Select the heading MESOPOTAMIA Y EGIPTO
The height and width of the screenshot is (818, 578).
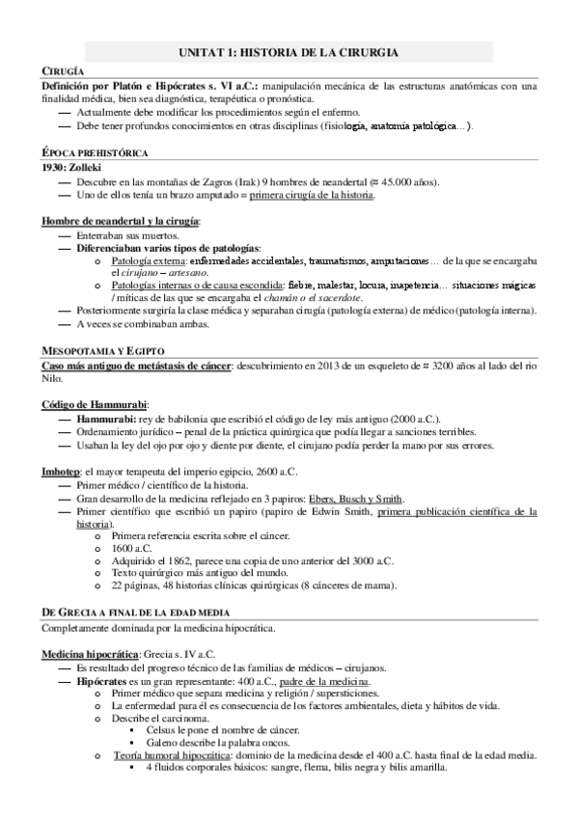pyautogui.click(x=103, y=350)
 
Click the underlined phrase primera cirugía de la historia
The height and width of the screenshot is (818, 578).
pyautogui.click(x=312, y=195)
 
